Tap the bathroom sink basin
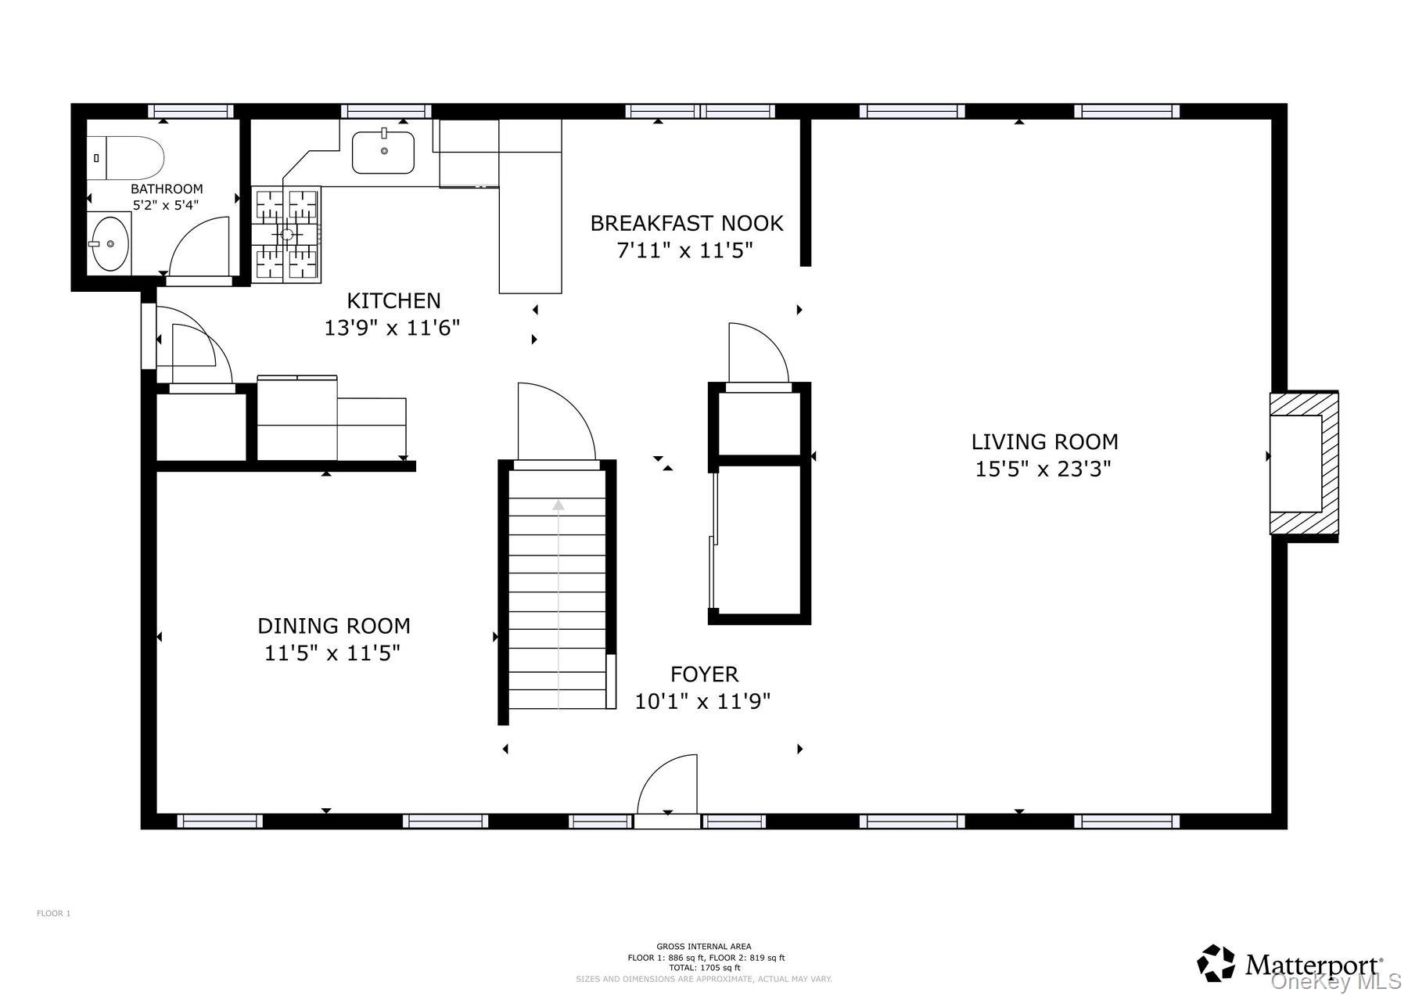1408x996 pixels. [109, 243]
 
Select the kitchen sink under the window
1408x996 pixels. [383, 153]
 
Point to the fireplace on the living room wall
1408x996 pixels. [1303, 465]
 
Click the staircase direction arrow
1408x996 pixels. [558, 602]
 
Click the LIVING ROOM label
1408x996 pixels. [1044, 442]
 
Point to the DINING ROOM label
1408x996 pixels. [334, 626]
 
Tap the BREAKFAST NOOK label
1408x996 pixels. [687, 224]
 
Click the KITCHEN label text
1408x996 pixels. [393, 300]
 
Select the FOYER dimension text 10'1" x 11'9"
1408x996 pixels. [702, 701]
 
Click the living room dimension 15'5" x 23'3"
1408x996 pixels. [1043, 469]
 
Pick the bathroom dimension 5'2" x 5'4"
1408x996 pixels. [166, 205]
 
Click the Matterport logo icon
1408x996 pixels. [1216, 963]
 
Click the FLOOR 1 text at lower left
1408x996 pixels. [54, 913]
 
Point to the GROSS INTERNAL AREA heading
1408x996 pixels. [704, 947]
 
